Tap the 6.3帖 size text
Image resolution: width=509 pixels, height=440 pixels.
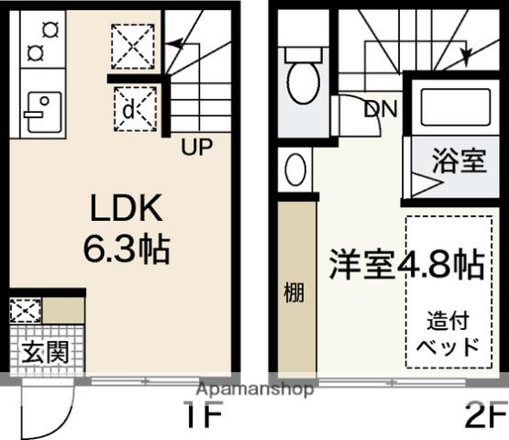[126, 247]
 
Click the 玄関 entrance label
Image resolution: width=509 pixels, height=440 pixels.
[45, 351]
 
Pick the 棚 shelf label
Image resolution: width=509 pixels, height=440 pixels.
[293, 293]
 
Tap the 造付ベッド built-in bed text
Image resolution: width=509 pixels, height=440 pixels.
[448, 334]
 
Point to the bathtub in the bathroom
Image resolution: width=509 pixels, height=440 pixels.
[452, 108]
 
